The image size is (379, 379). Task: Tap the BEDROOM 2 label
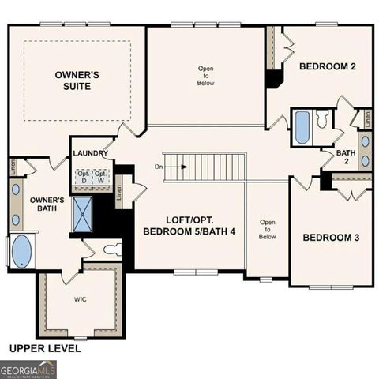[327, 67]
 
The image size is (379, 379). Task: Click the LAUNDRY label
[89, 153]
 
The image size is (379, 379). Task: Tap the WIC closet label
[81, 300]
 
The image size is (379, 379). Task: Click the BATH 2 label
[347, 157]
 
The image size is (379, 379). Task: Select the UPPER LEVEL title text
[44, 347]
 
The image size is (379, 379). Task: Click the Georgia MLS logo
[28, 369]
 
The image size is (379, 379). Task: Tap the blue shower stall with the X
[83, 212]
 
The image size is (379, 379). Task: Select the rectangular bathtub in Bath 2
[302, 128]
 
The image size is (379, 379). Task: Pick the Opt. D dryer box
[83, 176]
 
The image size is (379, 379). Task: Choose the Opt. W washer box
[101, 176]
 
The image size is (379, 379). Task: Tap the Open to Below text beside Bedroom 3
[267, 229]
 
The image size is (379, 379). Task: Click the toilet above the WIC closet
[111, 250]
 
